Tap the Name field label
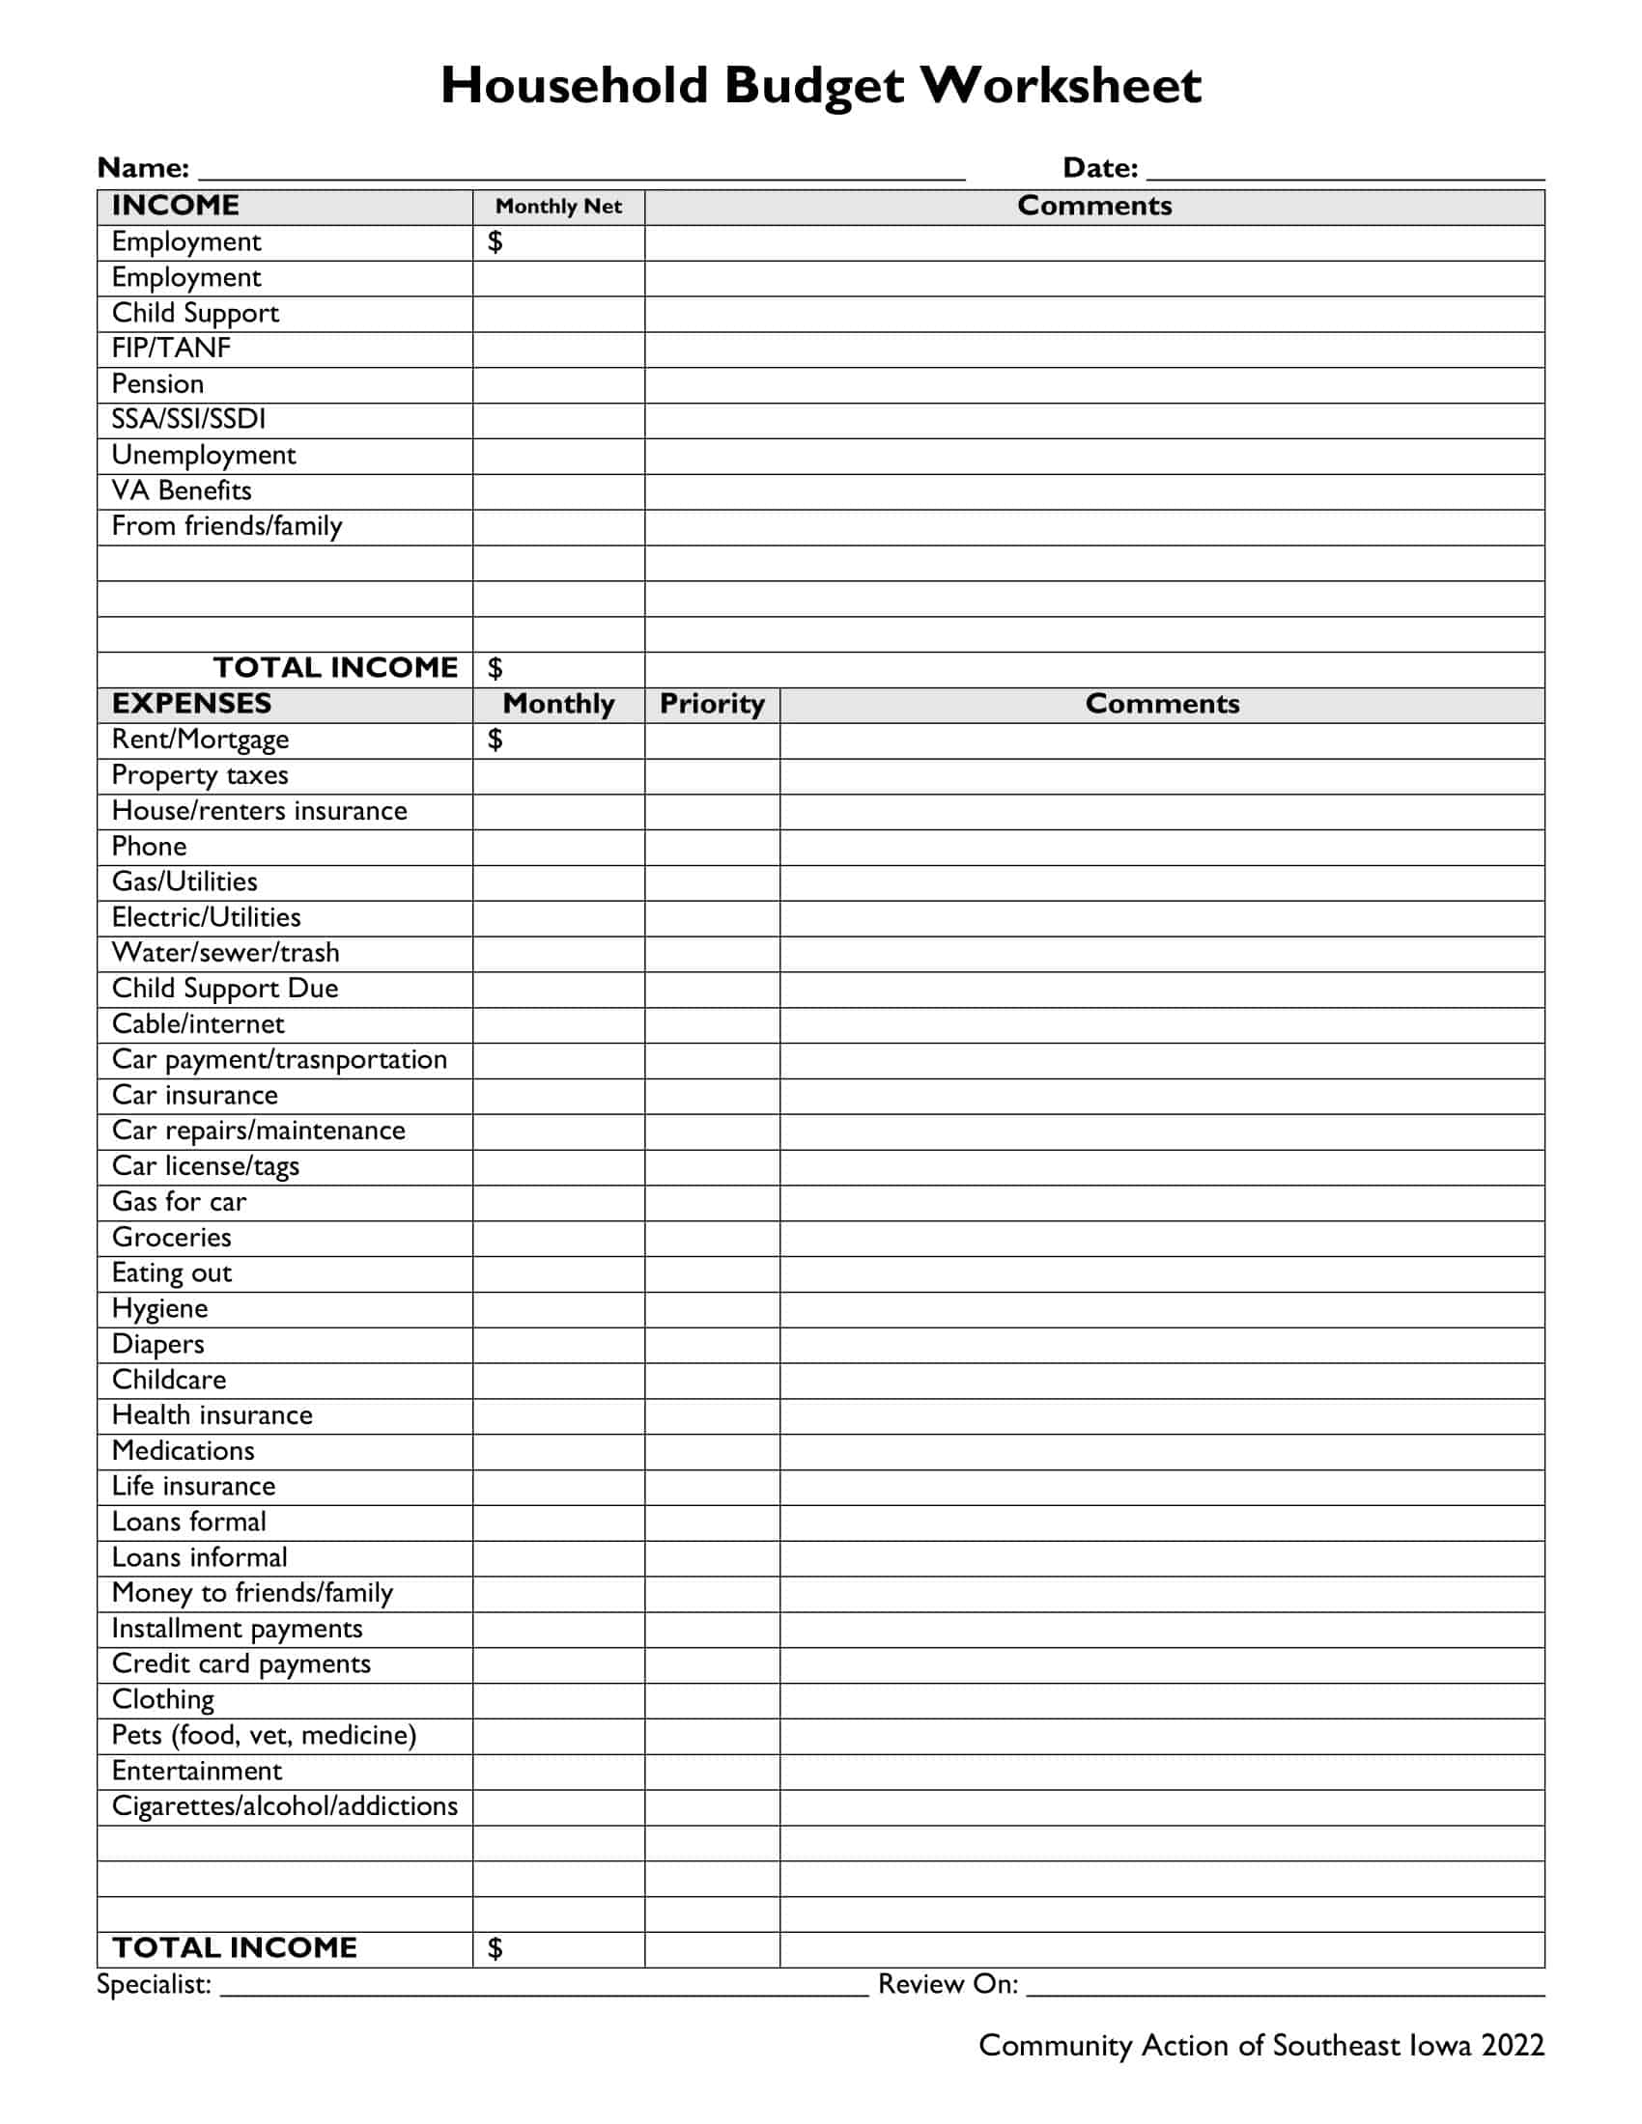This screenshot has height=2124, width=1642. [143, 168]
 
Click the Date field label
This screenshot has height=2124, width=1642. [1099, 168]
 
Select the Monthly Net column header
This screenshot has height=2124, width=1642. [558, 207]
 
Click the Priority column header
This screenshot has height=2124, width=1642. [711, 704]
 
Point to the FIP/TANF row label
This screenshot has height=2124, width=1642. [171, 349]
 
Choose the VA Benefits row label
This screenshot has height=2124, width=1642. [182, 490]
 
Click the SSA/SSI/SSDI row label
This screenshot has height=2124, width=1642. [188, 419]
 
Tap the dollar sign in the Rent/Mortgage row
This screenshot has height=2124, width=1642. [495, 741]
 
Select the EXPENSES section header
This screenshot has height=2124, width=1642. [191, 704]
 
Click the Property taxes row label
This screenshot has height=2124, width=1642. [200, 775]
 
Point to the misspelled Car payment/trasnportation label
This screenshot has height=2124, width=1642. [279, 1059]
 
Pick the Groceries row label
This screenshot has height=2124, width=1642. [172, 1237]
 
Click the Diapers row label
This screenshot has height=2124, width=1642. [158, 1344]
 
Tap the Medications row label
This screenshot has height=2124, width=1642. [183, 1451]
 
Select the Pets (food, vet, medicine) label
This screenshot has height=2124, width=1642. [264, 1735]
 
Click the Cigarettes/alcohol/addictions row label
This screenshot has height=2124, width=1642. [284, 1806]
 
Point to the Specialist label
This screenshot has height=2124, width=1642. [154, 1984]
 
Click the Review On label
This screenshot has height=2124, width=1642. [948, 1984]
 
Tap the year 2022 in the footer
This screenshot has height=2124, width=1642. [1513, 2045]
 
